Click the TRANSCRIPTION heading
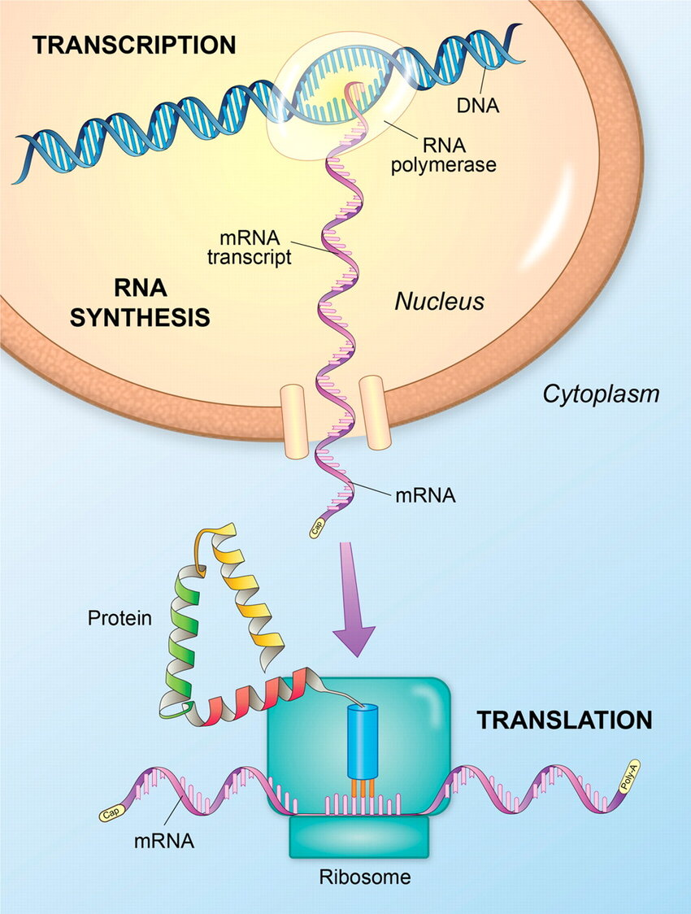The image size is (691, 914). click(x=133, y=46)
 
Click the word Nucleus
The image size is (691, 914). click(x=439, y=302)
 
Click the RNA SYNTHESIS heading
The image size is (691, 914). click(x=139, y=302)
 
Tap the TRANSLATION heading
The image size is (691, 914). click(x=563, y=720)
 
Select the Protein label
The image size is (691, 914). click(x=120, y=618)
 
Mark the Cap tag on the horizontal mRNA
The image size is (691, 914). click(x=110, y=812)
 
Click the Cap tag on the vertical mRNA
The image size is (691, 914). click(x=318, y=528)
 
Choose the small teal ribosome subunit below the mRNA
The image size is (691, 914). click(x=359, y=838)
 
